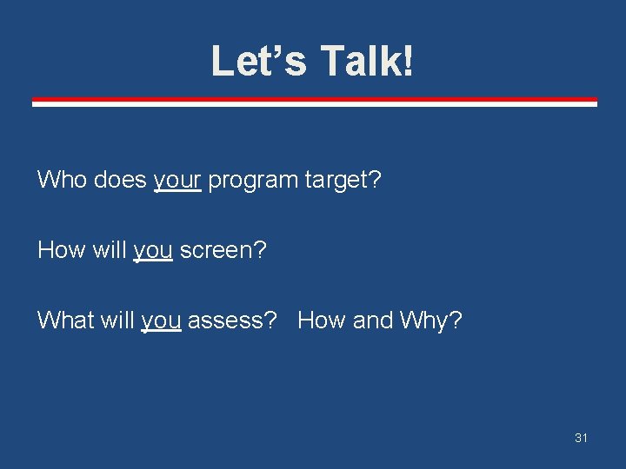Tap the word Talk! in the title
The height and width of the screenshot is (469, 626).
[x=367, y=62]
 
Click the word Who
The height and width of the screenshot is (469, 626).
[x=62, y=180]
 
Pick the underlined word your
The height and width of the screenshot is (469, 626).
[x=177, y=181]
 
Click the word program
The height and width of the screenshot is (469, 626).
[x=253, y=181]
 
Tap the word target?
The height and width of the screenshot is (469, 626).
[x=343, y=180]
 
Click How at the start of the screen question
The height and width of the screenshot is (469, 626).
[x=61, y=250]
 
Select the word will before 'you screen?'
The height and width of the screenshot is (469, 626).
[x=110, y=250]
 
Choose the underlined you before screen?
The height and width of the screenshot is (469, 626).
[x=153, y=251]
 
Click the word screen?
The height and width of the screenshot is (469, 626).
[x=223, y=250]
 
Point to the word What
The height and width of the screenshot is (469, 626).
[x=65, y=320]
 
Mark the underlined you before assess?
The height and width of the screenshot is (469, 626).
[x=161, y=321]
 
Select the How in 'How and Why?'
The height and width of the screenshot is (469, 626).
[x=322, y=320]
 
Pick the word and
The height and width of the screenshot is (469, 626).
[x=373, y=320]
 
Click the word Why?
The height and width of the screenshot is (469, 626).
[x=431, y=320]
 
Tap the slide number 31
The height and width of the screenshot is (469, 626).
[x=581, y=438]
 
